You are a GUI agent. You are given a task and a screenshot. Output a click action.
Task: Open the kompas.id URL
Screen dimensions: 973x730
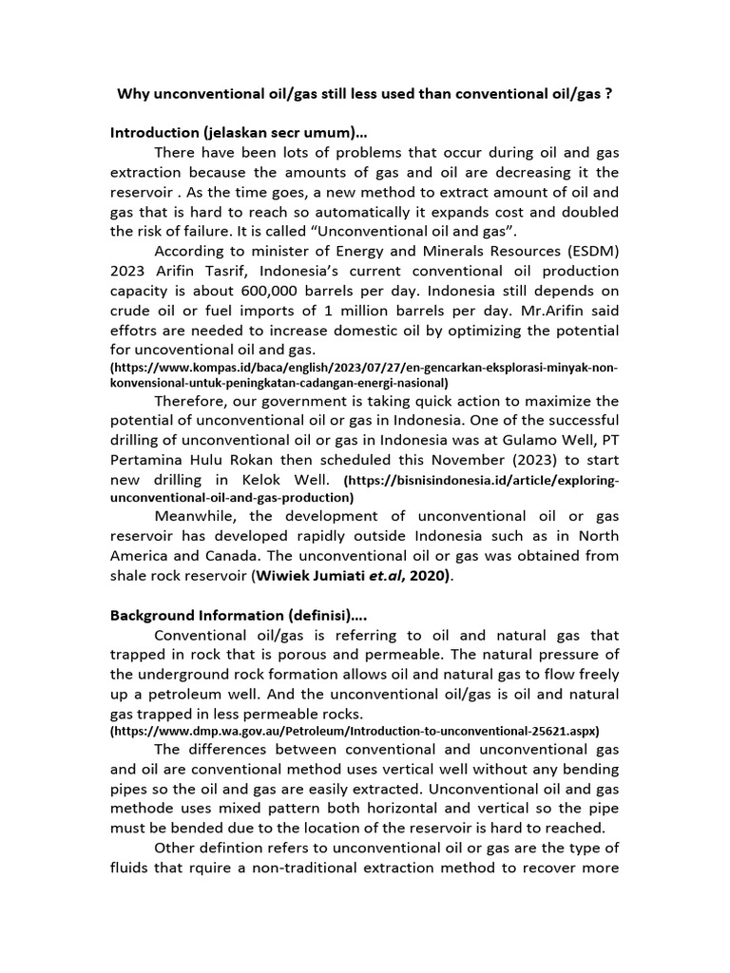point(365,374)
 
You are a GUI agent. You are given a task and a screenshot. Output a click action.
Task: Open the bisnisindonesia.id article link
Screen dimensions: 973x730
point(365,489)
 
